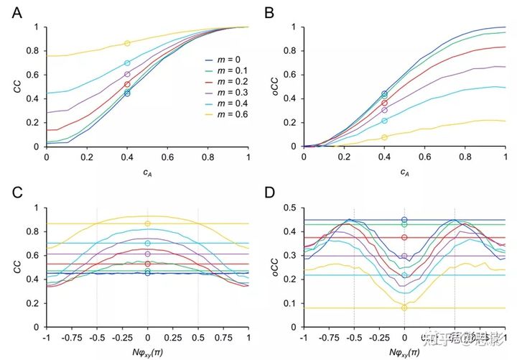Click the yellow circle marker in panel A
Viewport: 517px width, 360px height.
point(127,44)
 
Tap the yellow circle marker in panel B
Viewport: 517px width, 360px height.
point(384,137)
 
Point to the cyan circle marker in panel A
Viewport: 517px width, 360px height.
point(127,63)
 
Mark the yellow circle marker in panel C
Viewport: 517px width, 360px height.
point(148,223)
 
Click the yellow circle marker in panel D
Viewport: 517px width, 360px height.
point(404,308)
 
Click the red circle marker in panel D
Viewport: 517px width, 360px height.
point(404,238)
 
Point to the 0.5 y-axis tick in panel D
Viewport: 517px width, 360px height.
point(292,208)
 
